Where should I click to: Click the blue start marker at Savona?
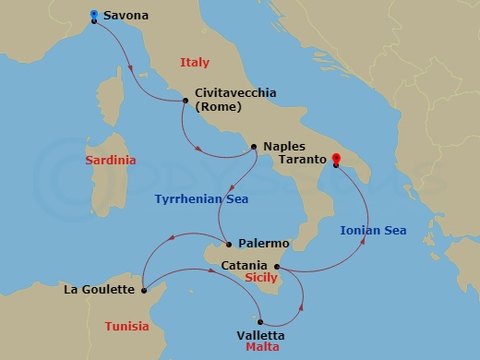[x=94, y=15]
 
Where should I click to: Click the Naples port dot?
[x=254, y=147]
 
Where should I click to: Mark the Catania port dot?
[x=277, y=268]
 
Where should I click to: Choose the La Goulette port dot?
[x=146, y=290]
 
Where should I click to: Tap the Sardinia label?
[x=110, y=160]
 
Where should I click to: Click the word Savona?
[x=126, y=16]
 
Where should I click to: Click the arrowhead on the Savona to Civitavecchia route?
[x=135, y=67]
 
